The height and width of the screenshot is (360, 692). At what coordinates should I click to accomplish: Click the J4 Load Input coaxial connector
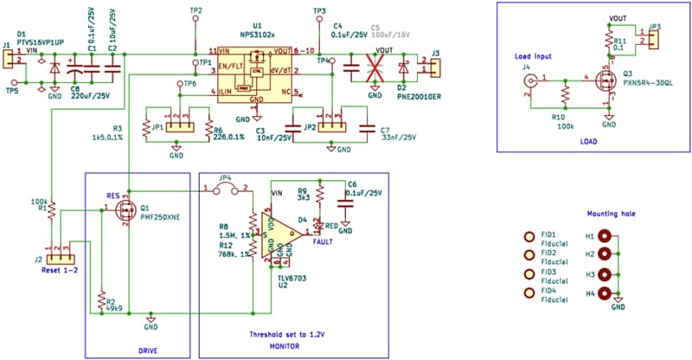tap(528, 83)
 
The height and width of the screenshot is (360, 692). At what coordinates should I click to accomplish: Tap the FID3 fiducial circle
tap(529, 274)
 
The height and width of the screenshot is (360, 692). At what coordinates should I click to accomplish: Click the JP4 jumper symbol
tap(225, 186)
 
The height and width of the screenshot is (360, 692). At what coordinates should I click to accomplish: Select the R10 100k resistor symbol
tap(564, 91)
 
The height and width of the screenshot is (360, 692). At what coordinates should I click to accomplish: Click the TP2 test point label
tap(195, 10)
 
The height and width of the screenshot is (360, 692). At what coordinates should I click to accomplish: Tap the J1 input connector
tap(7, 59)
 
